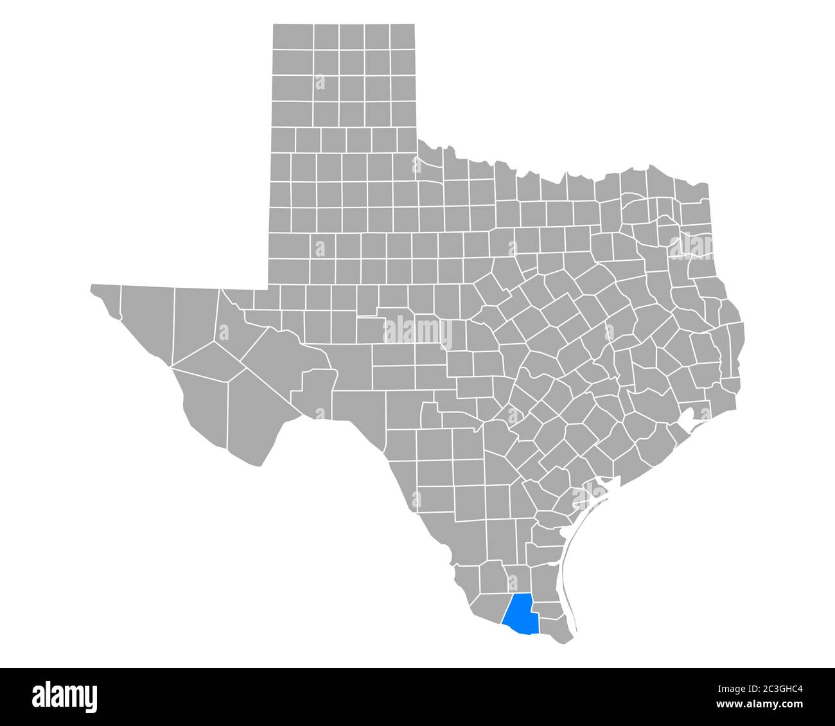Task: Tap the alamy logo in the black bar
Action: pyautogui.click(x=65, y=696)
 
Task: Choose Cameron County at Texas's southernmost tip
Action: pyautogui.click(x=556, y=626)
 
